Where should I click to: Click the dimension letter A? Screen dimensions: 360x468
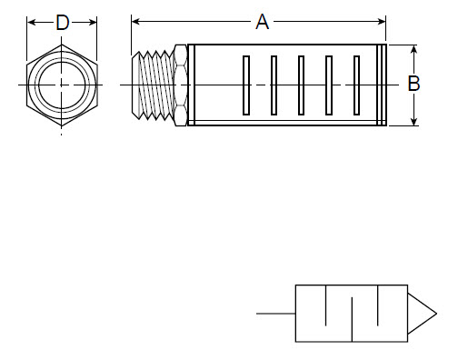(x=262, y=23)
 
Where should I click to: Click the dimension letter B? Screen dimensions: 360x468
(x=413, y=84)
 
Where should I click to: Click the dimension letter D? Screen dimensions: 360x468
(x=62, y=23)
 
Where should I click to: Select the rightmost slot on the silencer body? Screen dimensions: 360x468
(x=355, y=85)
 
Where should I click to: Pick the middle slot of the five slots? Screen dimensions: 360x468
(x=301, y=85)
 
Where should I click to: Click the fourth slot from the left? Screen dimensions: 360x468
(x=328, y=85)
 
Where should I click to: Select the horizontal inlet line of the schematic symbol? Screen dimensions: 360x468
(x=276, y=314)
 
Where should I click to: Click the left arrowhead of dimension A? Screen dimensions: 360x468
(x=136, y=19)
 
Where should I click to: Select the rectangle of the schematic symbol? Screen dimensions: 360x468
(x=352, y=314)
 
